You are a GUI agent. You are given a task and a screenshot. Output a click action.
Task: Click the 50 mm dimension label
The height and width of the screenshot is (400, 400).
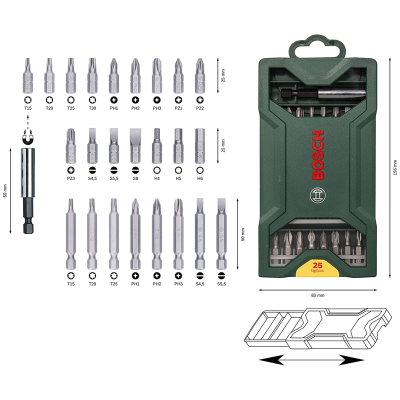(x=243, y=234)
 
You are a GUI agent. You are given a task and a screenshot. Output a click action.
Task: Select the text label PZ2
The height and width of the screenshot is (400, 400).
(x=199, y=108)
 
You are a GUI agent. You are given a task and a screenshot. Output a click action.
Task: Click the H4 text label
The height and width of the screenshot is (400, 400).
(x=156, y=178)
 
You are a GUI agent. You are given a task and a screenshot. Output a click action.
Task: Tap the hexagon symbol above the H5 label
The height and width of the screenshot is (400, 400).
(x=177, y=169)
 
